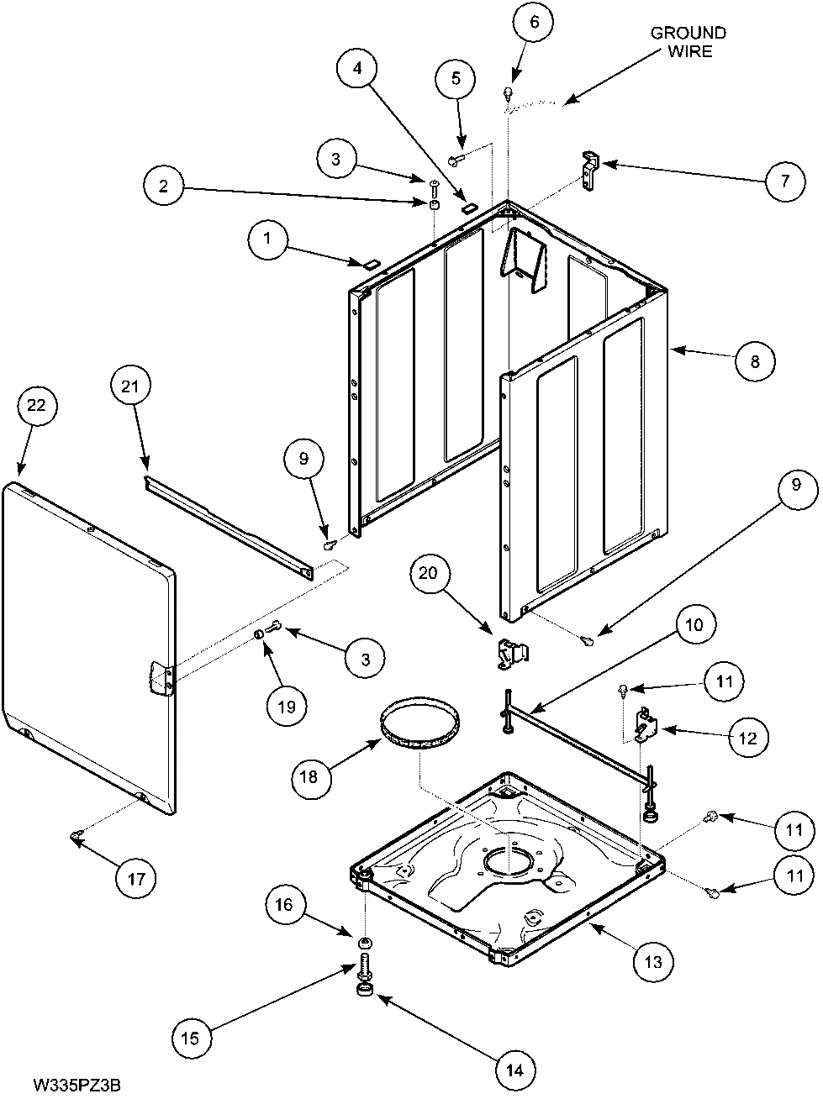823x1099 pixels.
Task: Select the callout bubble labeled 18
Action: [x=309, y=776]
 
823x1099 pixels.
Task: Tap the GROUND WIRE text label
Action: [x=688, y=42]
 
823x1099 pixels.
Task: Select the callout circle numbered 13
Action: [x=652, y=962]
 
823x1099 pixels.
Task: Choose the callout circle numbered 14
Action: [x=514, y=1070]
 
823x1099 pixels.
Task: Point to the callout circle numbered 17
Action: [x=136, y=880]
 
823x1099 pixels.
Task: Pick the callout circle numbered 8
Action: [x=753, y=360]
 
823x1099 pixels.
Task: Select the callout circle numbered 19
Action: [x=287, y=706]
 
